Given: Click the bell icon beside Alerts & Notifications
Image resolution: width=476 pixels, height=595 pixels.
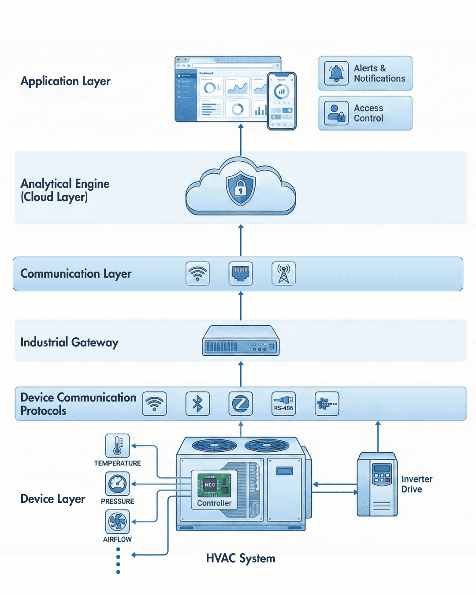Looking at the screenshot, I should pos(336,73).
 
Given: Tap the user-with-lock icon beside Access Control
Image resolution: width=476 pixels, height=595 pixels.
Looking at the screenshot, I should pos(336,113).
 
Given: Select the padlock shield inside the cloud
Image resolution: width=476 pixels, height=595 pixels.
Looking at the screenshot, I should pos(240,189).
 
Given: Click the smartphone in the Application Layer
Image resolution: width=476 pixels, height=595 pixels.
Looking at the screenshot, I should pos(282,101).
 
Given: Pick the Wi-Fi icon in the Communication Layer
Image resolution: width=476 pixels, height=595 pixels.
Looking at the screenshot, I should pos(197,274).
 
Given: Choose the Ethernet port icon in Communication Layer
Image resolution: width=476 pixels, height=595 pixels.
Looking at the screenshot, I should pos(241,274).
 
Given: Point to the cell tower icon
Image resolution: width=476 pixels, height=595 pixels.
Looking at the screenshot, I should pos(283,274).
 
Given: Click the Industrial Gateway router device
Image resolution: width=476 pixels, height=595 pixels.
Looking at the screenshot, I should pos(241,341).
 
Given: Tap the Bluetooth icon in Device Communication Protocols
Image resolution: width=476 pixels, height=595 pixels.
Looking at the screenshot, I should pos(197,404).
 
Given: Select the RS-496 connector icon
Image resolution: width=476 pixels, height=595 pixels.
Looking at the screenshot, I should pos(283,404).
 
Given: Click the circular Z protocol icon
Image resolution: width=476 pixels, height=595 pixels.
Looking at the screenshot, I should pos(241,404).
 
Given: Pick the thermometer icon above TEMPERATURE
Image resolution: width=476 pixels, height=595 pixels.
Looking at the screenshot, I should pos(117,446).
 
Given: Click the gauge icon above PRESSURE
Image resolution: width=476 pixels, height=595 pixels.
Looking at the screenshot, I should pos(117,484).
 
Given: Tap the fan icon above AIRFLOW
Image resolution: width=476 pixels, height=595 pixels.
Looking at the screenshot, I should pos(117,522).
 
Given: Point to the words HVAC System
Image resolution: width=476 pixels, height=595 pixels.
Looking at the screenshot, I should pos(241,558).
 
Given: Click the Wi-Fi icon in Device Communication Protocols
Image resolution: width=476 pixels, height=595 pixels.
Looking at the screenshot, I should pos(155,404).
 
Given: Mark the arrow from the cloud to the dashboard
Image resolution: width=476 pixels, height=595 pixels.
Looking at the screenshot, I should pos(241,140).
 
